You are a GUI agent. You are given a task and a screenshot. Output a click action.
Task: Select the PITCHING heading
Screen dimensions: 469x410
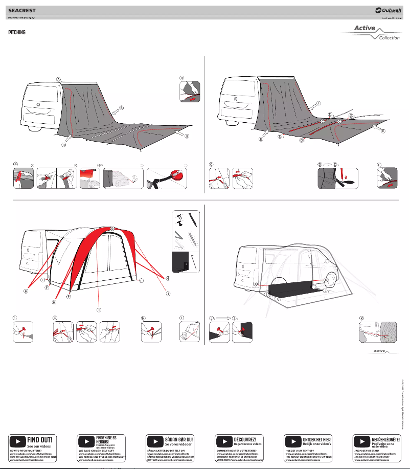pos(17,32)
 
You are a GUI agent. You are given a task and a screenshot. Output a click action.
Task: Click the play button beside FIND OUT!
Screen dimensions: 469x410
pos(17,441)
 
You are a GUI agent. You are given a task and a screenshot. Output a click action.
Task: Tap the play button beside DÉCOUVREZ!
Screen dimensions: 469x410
pos(224,441)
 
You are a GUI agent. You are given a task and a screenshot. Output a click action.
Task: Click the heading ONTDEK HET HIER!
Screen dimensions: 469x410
pos(317,439)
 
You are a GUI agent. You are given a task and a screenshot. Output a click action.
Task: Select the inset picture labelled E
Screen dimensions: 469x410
pos(388,178)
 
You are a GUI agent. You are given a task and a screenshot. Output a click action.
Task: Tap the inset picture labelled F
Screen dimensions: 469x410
pos(22,331)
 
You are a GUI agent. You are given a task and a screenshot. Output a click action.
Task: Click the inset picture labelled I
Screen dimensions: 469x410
pos(189,331)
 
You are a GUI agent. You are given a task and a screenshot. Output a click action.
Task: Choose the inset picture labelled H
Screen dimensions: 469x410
pos(152,331)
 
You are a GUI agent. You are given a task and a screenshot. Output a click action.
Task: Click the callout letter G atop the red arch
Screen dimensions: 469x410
pos(112,228)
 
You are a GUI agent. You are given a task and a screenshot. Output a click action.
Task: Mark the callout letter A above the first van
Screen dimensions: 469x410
pos(59,79)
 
